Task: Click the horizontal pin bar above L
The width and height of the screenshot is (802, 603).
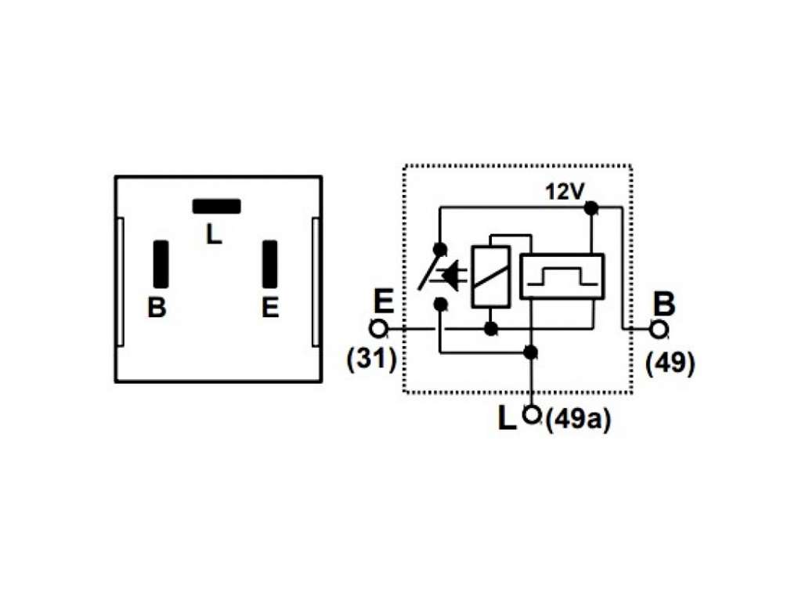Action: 216,206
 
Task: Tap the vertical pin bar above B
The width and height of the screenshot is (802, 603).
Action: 161,264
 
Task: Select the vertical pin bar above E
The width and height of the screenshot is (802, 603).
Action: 270,264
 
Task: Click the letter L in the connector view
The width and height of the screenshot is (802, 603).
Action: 214,234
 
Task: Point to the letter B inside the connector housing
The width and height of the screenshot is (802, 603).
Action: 157,308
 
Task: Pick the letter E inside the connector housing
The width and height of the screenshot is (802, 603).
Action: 270,308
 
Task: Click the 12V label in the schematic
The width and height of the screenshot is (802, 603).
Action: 565,192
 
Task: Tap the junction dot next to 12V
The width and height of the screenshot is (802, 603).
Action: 591,208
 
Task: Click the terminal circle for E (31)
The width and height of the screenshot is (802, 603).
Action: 378,329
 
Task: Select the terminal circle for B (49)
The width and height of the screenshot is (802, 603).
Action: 659,329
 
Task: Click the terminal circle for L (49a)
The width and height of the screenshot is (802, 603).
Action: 532,414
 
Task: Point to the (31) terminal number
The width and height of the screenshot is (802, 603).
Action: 371,359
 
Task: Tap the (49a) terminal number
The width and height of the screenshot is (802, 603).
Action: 578,421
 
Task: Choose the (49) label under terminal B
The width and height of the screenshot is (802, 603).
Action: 670,364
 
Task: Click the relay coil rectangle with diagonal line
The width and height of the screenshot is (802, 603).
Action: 491,276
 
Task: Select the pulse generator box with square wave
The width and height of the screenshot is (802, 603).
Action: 562,276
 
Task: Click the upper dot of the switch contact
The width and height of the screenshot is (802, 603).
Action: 439,249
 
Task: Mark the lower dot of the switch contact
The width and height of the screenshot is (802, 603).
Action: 439,305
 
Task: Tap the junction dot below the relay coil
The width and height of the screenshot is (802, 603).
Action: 491,328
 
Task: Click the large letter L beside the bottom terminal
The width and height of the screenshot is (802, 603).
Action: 507,418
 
